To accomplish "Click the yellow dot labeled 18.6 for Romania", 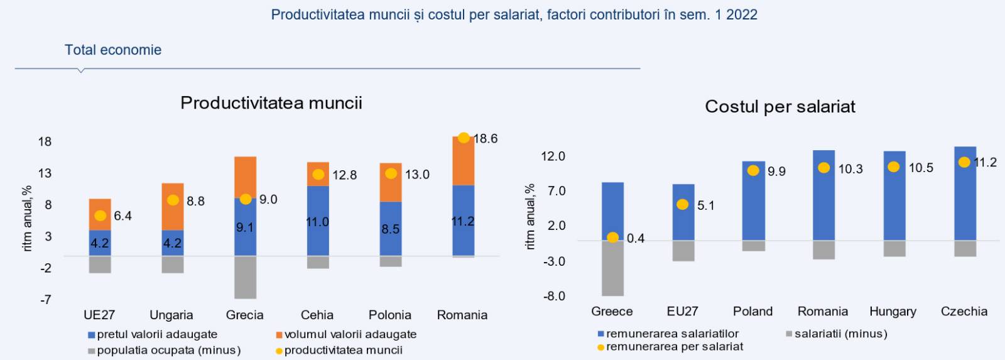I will coord(464,138).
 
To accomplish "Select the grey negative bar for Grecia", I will coord(245,277).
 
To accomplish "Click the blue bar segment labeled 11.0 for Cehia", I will coord(318,221).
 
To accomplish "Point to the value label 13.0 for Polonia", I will coord(417,175).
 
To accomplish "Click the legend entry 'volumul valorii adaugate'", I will coord(350,334).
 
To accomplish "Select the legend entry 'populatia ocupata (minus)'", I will coord(168,350).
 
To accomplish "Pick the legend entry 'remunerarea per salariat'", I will coord(674,346).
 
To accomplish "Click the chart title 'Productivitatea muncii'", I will coord(271,102).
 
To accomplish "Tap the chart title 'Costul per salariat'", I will coord(780,106).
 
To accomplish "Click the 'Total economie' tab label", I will coord(113,50).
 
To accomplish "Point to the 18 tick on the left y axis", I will coord(45,141).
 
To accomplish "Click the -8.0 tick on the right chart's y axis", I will coord(553,296).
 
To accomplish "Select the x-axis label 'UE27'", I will coord(99,315).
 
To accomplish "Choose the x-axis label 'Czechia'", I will coord(964,311).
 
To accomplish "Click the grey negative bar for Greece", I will coord(612,268).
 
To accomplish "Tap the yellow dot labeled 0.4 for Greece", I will coord(612,237).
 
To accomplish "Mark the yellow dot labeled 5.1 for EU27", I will coord(683,205).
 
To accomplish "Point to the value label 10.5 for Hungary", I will coord(921,168).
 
